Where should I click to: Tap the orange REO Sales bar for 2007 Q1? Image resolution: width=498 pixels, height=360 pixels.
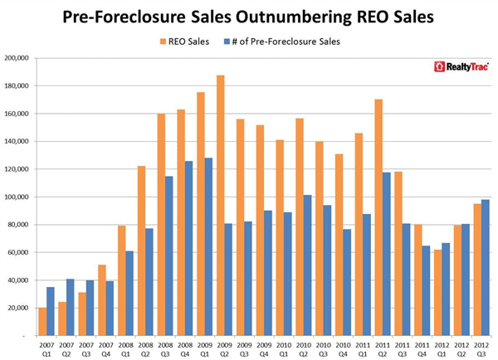point(42,322)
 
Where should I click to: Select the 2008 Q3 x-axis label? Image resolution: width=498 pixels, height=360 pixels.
point(166,348)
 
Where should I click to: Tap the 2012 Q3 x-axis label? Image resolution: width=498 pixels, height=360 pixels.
point(480,348)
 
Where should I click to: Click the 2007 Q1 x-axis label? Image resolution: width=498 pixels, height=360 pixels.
point(46,348)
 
